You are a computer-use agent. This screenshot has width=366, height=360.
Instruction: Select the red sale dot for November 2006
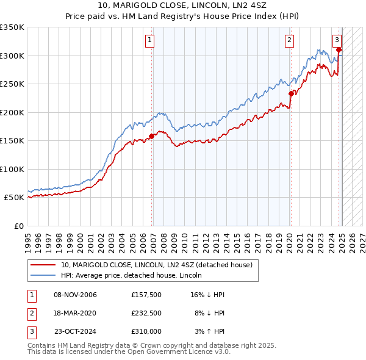point(151,136)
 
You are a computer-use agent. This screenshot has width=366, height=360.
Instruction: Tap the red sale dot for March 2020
point(291,94)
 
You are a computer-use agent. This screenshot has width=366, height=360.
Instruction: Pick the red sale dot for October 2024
point(339,50)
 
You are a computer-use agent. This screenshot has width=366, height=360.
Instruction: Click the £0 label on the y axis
point(18,226)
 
